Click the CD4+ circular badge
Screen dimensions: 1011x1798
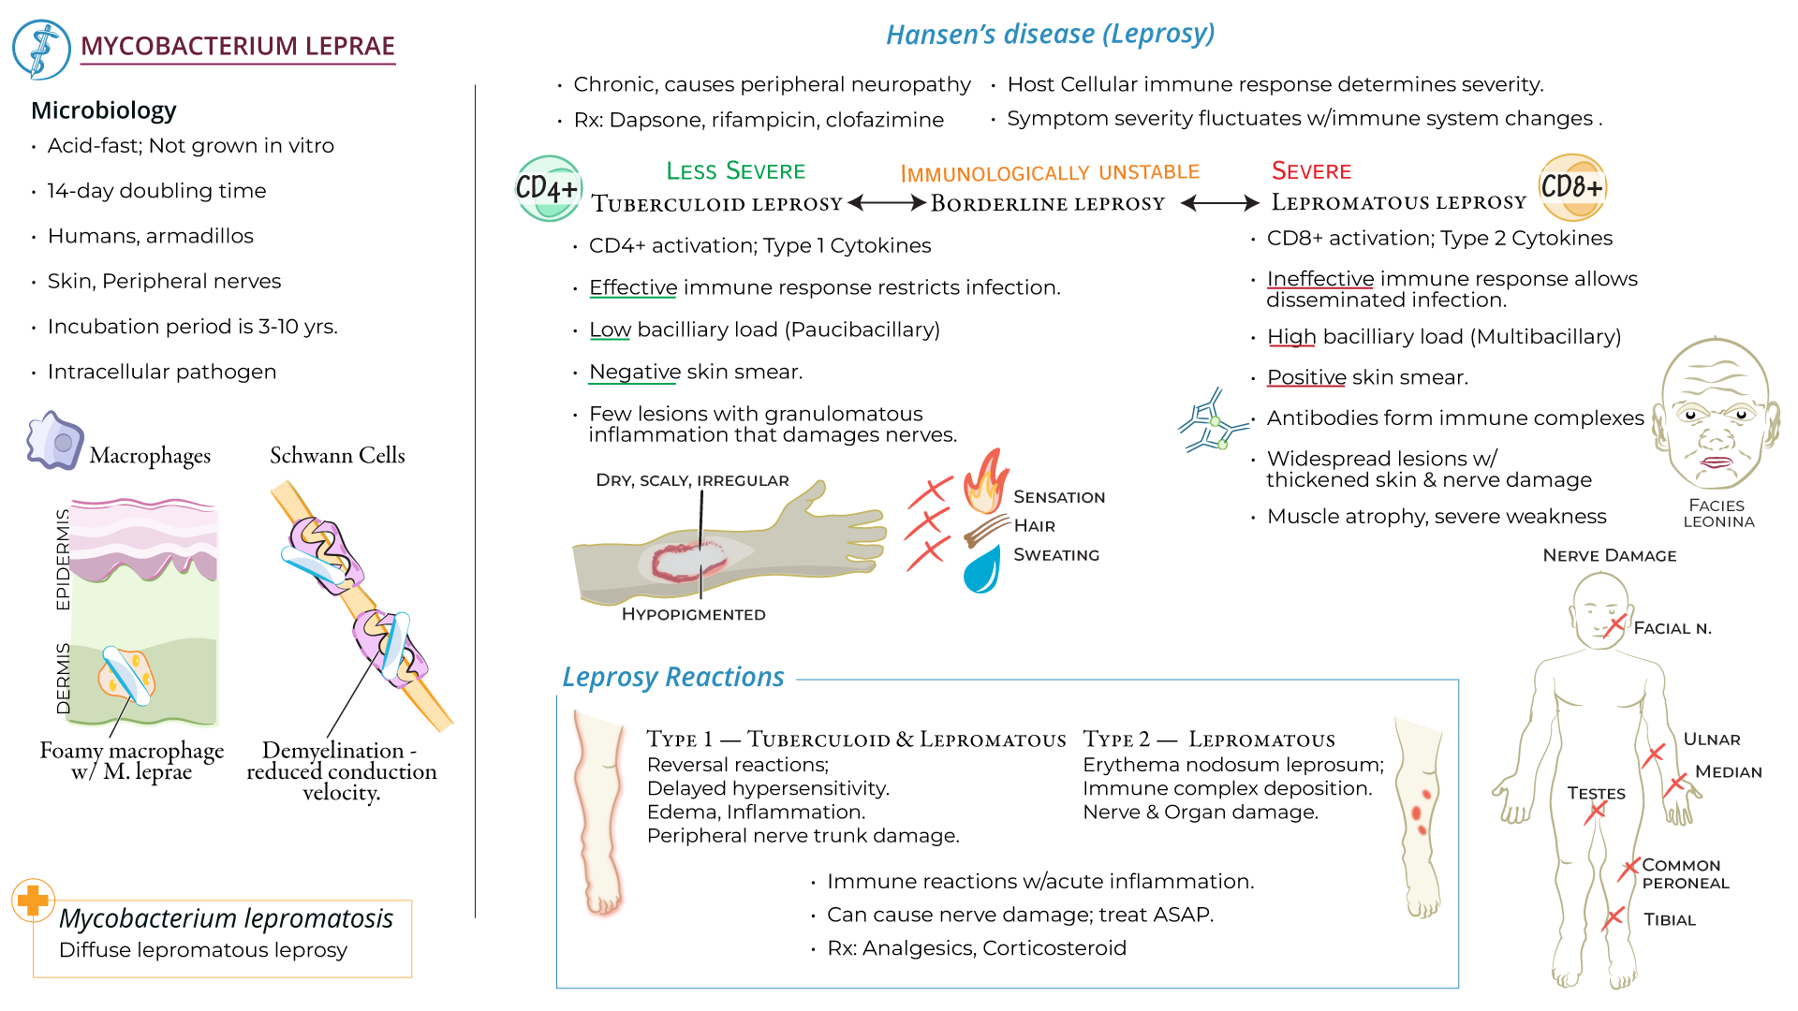549,188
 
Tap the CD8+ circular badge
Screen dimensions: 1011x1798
1572,186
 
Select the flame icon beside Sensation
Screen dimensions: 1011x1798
986,481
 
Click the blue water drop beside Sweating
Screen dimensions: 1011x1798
982,568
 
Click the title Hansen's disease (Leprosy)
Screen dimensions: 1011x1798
1050,35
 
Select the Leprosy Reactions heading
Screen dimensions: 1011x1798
672,677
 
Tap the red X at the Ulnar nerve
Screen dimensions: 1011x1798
1654,753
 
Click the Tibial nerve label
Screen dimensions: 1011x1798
1670,920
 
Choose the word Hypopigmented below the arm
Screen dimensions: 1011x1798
693,615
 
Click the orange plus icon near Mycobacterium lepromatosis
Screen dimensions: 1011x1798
34,901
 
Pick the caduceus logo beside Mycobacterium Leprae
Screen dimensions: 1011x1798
41,49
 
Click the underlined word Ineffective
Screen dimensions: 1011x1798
1319,279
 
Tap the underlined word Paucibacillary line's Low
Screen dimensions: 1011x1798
610,330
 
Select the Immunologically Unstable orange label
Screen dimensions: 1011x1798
1049,173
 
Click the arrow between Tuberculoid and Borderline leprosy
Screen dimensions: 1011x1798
887,203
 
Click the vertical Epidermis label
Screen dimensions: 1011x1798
63,559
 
